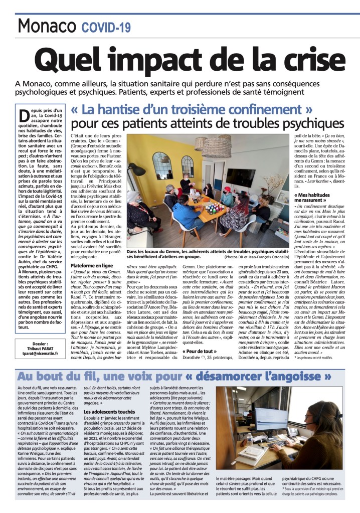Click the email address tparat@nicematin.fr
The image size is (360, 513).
(x=37, y=366)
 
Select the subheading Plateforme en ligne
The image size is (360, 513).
(x=91, y=265)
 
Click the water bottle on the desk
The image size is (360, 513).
(x=250, y=441)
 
